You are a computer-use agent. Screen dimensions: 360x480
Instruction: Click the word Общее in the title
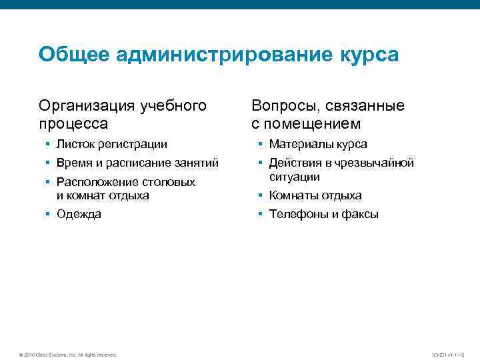[73, 55]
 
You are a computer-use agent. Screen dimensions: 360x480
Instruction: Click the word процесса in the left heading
[73, 123]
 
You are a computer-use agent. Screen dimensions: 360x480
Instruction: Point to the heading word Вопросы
[282, 106]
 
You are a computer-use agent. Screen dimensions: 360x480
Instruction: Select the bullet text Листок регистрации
[111, 144]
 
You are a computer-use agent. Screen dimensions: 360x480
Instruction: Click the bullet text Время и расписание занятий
[137, 163]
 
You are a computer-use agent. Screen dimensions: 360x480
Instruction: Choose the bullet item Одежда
[79, 214]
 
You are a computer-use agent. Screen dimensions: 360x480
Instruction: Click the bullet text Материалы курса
[318, 144]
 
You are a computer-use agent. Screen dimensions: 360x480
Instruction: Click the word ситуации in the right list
[295, 177]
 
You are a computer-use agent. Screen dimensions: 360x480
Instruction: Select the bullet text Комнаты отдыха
[315, 195]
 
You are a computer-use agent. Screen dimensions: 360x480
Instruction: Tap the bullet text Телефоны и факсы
[323, 214]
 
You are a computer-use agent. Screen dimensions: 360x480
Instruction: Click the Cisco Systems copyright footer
[68, 354]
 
